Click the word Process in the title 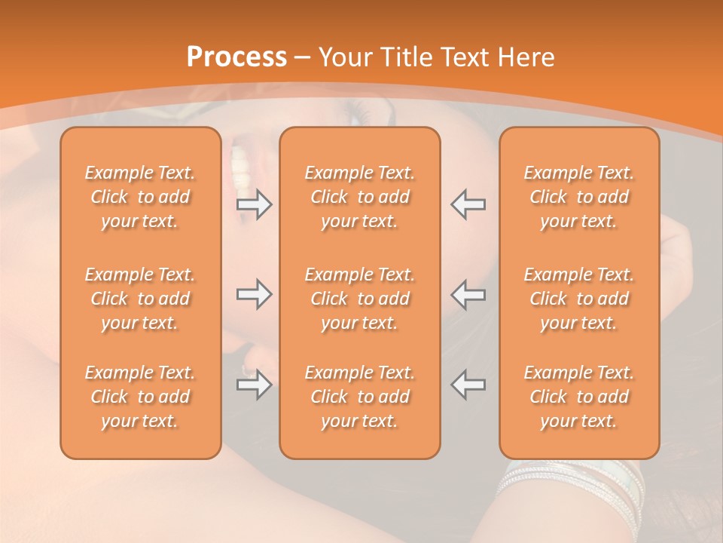pyautogui.click(x=236, y=57)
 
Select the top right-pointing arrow pyautogui.click(x=254, y=204)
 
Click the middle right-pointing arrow pyautogui.click(x=254, y=294)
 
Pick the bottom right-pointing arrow pyautogui.click(x=254, y=385)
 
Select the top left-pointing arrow pyautogui.click(x=468, y=204)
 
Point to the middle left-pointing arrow pyautogui.click(x=468, y=294)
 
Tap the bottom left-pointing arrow pyautogui.click(x=468, y=385)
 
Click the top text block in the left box pyautogui.click(x=140, y=197)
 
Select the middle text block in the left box pyautogui.click(x=140, y=299)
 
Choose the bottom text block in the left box pyautogui.click(x=140, y=397)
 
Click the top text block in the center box pyautogui.click(x=360, y=197)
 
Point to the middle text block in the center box pyautogui.click(x=360, y=299)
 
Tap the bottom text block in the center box pyautogui.click(x=360, y=397)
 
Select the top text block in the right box pyautogui.click(x=579, y=197)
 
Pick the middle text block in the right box pyautogui.click(x=579, y=299)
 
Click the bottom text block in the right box pyautogui.click(x=579, y=397)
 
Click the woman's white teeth pyautogui.click(x=240, y=167)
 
